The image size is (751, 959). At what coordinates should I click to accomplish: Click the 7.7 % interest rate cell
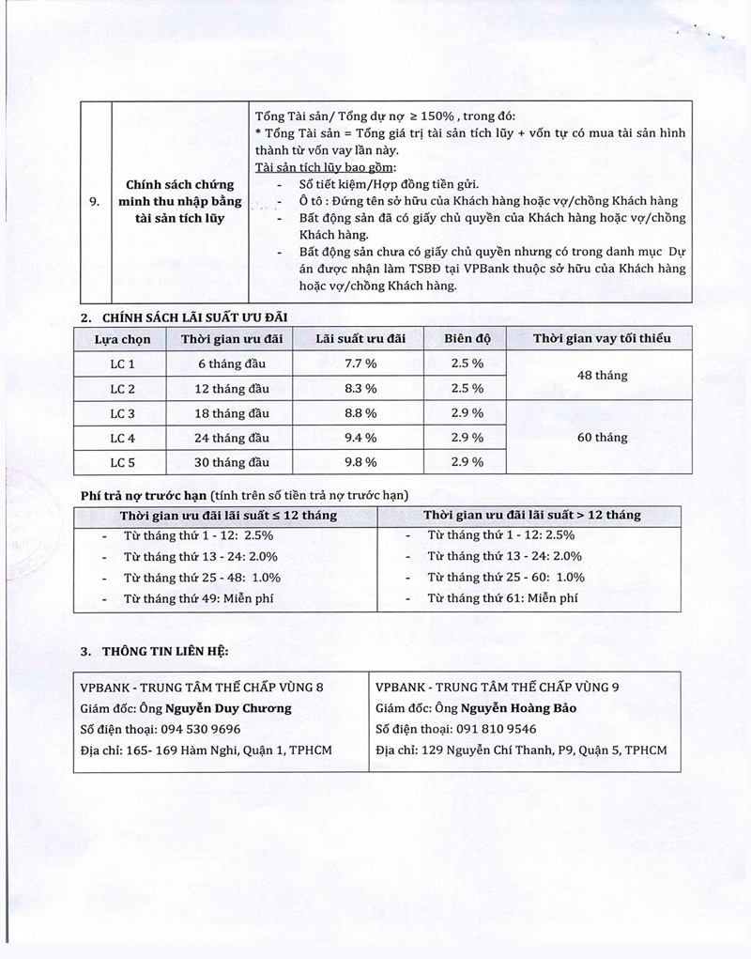pyautogui.click(x=360, y=363)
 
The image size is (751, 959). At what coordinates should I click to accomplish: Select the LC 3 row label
pyautogui.click(x=123, y=413)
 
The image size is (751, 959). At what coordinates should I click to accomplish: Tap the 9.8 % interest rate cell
pyautogui.click(x=360, y=462)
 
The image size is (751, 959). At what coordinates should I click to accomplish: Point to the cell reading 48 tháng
pyautogui.click(x=602, y=376)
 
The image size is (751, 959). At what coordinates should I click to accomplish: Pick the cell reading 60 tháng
pyautogui.click(x=602, y=438)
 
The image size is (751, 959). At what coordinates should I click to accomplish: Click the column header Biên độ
pyautogui.click(x=467, y=339)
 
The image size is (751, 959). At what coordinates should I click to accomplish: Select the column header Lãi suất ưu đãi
pyautogui.click(x=360, y=339)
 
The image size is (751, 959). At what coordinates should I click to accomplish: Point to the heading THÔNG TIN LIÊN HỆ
pyautogui.click(x=165, y=650)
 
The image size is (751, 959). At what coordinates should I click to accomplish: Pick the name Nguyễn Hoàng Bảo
pyautogui.click(x=518, y=708)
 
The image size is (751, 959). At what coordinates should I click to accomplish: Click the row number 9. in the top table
pyautogui.click(x=92, y=201)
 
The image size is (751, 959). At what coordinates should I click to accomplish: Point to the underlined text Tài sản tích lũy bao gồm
pyautogui.click(x=318, y=167)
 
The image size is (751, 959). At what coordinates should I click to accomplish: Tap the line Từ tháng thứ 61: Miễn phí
pyautogui.click(x=502, y=598)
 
